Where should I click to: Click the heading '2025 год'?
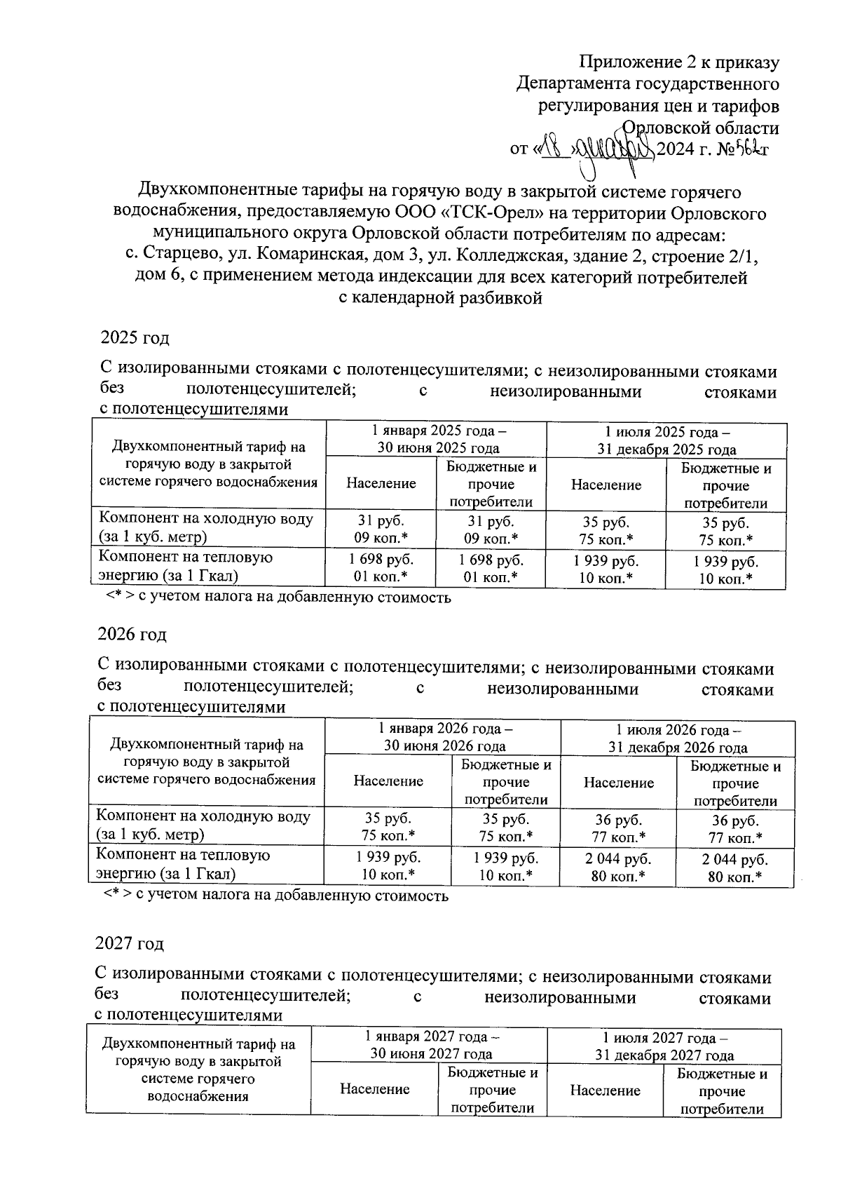135,338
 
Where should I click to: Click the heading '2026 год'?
132,635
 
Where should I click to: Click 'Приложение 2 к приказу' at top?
679,62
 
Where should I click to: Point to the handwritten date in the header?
597,149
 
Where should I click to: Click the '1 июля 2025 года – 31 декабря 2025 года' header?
666,441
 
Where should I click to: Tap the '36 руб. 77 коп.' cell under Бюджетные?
735,829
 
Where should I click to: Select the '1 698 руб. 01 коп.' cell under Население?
381,569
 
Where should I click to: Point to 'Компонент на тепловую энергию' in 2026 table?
184,864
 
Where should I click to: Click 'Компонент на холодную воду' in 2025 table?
206,528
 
